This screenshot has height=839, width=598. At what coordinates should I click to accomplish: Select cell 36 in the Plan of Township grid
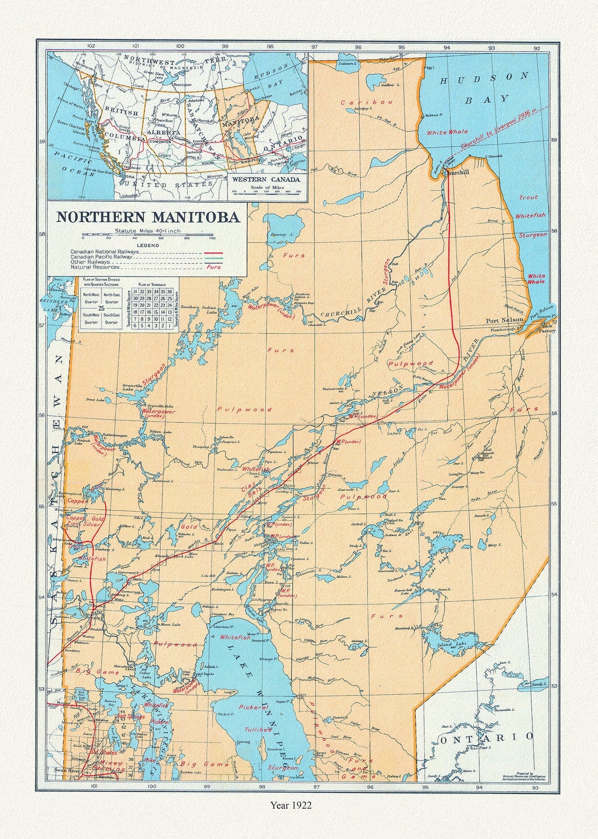tap(170, 292)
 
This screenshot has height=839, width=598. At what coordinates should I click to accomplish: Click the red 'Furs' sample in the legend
tap(213, 267)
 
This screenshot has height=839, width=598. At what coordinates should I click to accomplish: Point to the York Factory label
tap(549, 328)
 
